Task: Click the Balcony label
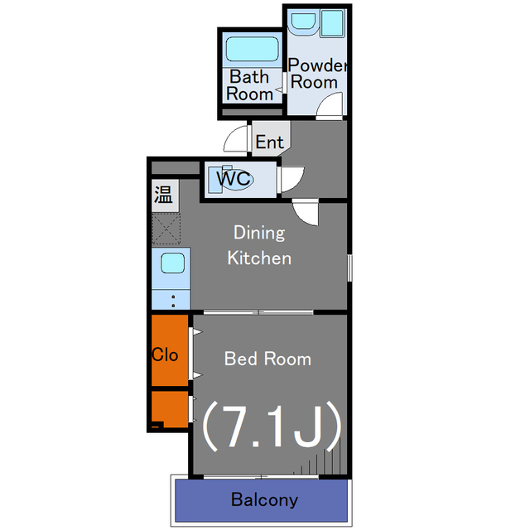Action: pos(264,499)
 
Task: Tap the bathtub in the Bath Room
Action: pos(252,50)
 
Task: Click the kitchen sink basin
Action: pos(172,263)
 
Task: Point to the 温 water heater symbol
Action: pos(165,195)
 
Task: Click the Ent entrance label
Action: pos(269,142)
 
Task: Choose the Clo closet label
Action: pos(165,355)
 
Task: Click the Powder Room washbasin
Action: pos(303,22)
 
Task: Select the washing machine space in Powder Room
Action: pos(332,23)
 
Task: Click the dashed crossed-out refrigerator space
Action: pos(166,229)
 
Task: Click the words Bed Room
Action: pos(267,359)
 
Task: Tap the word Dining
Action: pos(259,233)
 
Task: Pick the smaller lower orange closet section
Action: pos(170,409)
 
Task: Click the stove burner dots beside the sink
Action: pos(173,301)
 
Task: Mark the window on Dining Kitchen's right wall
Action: pos(349,267)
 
